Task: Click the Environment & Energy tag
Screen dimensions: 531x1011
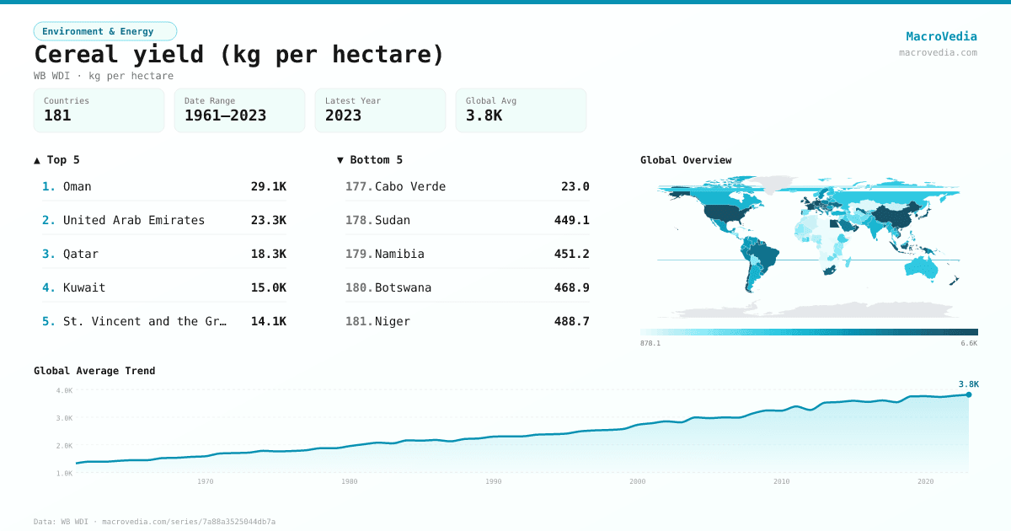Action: point(98,31)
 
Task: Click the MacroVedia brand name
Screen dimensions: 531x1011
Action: point(941,36)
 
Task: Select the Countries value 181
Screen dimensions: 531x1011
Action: point(57,115)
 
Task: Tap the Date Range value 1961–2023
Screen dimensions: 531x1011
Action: point(225,115)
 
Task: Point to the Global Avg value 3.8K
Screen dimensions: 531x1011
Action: point(484,115)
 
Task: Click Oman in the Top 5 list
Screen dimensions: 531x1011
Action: point(78,186)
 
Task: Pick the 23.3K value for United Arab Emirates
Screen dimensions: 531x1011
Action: point(269,220)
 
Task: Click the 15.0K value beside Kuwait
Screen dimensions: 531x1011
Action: point(269,287)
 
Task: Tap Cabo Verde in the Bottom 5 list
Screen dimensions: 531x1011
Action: point(410,186)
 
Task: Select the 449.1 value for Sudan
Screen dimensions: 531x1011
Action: point(572,220)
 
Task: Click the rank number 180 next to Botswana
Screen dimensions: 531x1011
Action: point(358,287)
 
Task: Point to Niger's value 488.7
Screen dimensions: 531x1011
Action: point(572,321)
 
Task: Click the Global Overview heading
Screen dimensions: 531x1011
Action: point(686,160)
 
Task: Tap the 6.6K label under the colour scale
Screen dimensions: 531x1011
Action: point(969,343)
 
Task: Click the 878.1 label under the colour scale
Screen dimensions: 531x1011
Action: point(650,343)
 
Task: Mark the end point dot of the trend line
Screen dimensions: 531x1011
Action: point(969,394)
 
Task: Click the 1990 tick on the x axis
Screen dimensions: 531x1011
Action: point(494,481)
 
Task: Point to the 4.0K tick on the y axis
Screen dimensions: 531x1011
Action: point(65,390)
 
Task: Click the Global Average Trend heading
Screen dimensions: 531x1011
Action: point(94,371)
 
